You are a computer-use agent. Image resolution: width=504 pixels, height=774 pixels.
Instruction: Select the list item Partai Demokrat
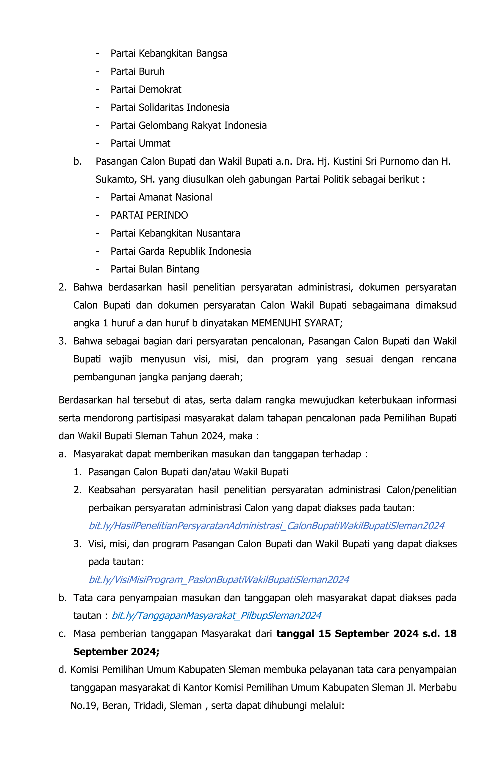pos(145,89)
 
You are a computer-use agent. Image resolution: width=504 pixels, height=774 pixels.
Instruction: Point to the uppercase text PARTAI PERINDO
pos(149,215)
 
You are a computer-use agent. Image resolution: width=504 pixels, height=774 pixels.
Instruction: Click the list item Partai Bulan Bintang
pos(155,269)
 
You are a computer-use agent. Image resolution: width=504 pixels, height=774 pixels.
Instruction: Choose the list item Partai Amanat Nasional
pos(161,197)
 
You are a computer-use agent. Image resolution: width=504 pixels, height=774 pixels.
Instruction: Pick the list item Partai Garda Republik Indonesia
pos(181,251)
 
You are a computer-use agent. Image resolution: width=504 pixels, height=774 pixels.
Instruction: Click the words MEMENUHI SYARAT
pos(296,323)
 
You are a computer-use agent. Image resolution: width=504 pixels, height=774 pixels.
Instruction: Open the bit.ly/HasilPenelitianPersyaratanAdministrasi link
pos(266,526)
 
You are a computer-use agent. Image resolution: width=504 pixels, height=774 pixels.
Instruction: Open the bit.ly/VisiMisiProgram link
pos(219,580)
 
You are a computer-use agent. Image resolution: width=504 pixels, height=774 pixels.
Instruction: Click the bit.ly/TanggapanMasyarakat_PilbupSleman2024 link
pos(216,615)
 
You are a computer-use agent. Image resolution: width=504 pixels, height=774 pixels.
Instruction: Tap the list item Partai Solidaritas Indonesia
pos(170,107)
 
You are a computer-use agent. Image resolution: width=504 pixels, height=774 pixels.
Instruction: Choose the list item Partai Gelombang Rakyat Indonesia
pos(188,125)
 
